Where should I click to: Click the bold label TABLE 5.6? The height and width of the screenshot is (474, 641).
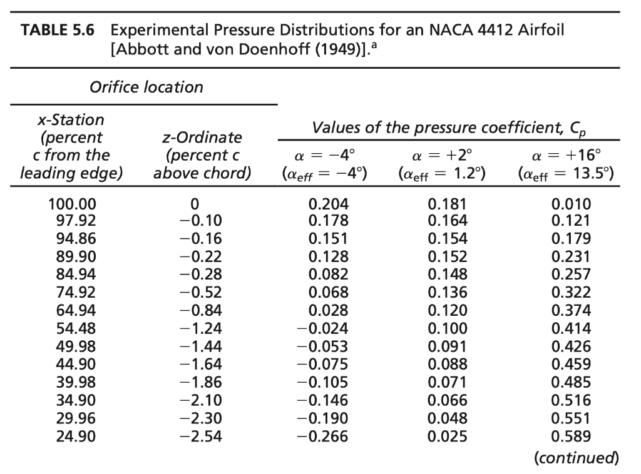click(58, 30)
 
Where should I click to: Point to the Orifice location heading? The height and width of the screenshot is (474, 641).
click(146, 87)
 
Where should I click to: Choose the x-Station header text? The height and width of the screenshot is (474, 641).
click(70, 119)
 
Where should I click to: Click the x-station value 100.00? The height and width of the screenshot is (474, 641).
click(73, 204)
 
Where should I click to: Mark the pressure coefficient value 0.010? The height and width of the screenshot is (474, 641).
click(571, 204)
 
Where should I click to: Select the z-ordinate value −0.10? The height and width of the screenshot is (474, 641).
click(200, 220)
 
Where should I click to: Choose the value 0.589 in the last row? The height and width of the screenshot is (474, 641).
click(571, 436)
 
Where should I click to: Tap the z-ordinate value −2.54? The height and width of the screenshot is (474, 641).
click(200, 436)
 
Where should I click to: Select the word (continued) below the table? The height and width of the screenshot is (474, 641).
click(576, 458)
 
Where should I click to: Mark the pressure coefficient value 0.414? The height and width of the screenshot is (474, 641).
click(571, 328)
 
